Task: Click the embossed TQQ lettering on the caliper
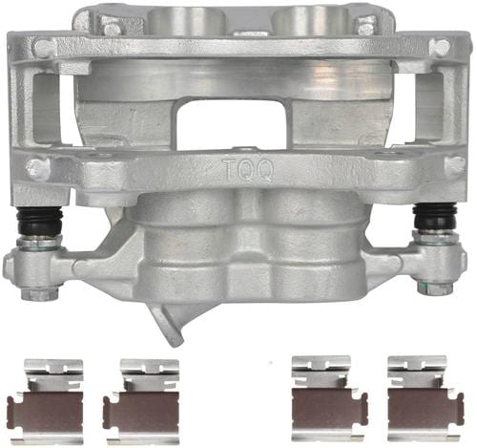click(x=248, y=170)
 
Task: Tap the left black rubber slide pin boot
click(x=39, y=220)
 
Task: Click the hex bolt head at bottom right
click(x=436, y=288)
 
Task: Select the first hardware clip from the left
click(x=45, y=402)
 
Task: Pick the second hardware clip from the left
click(x=141, y=402)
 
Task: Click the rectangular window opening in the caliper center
click(x=232, y=123)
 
